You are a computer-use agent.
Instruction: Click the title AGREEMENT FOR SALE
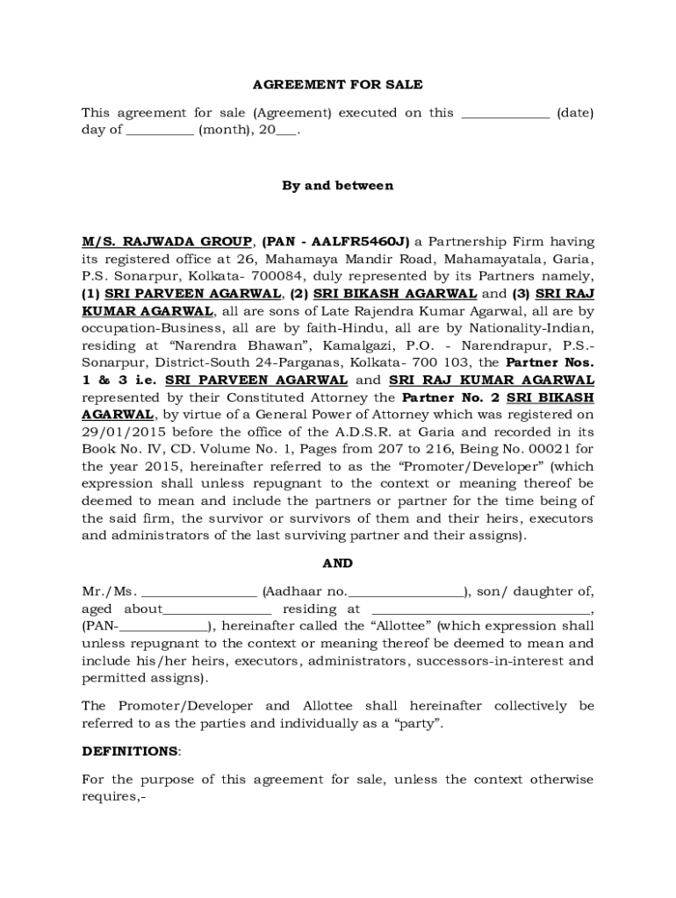pyautogui.click(x=337, y=85)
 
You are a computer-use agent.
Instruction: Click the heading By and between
pyautogui.click(x=337, y=186)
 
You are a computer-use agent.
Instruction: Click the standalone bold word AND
pyautogui.click(x=337, y=564)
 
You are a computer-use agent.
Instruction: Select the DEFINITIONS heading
pyautogui.click(x=129, y=752)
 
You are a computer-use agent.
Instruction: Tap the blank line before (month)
pyautogui.click(x=160, y=131)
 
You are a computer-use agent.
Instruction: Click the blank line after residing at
pyautogui.click(x=480, y=609)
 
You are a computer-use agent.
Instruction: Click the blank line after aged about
pyautogui.click(x=217, y=609)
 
